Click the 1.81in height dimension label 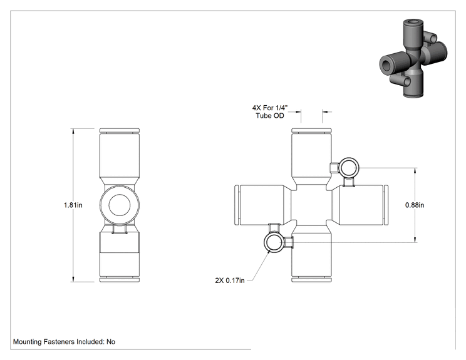click(x=73, y=205)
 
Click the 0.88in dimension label click(x=415, y=205)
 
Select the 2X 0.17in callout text click(x=230, y=280)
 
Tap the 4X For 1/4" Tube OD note click(x=270, y=111)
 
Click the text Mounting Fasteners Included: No click(x=64, y=342)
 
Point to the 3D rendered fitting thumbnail click(x=413, y=58)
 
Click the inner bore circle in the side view click(x=120, y=205)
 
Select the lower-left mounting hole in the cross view click(x=274, y=242)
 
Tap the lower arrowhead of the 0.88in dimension click(x=415, y=239)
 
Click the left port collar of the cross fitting click(x=237, y=205)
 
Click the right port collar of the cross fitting click(x=386, y=205)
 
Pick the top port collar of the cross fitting click(x=311, y=131)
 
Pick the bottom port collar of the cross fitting click(x=311, y=280)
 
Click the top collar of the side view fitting click(x=120, y=131)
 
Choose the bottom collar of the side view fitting click(x=120, y=280)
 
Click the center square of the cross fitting click(x=311, y=205)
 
